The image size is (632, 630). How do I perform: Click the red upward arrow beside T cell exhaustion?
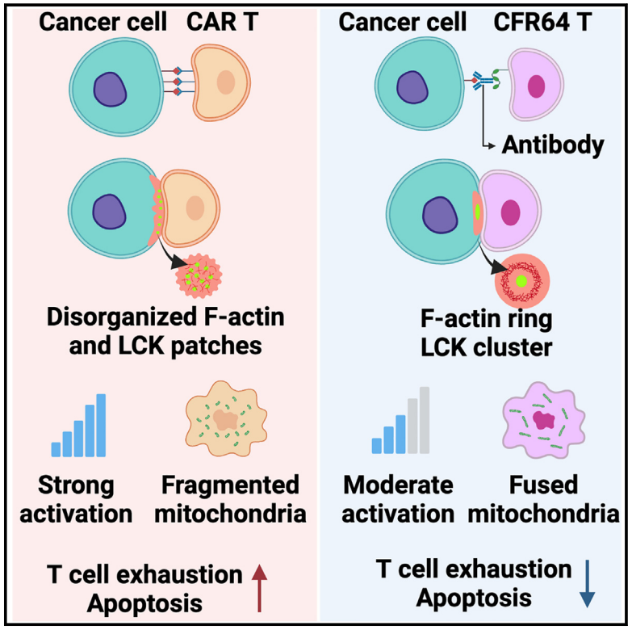click(x=259, y=587)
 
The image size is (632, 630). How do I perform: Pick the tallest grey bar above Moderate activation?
click(x=425, y=420)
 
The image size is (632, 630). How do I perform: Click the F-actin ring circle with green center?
click(x=521, y=281)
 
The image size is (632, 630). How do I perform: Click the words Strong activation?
click(x=77, y=499)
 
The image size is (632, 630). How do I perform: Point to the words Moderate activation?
click(x=397, y=499)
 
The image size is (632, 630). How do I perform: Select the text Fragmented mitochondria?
click(x=230, y=499)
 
